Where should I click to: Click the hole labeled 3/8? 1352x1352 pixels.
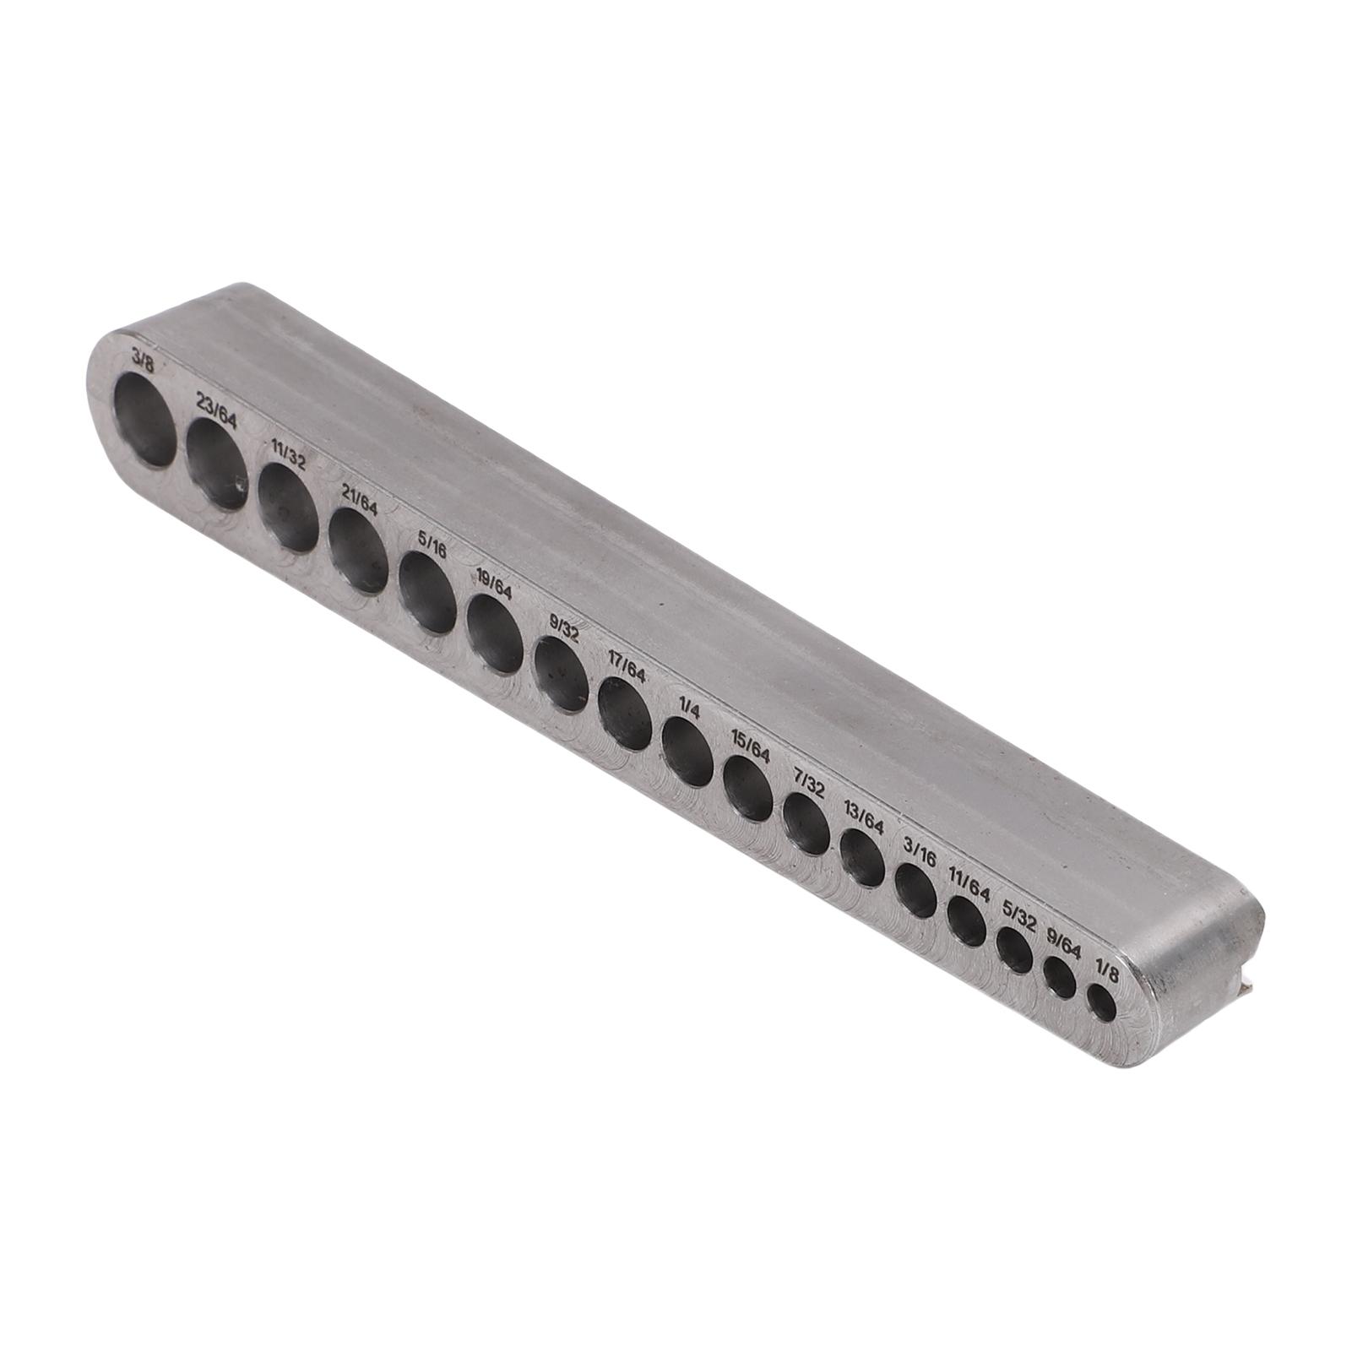point(145,421)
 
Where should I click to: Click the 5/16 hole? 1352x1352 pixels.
point(427,592)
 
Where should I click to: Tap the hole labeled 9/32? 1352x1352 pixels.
point(562,673)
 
